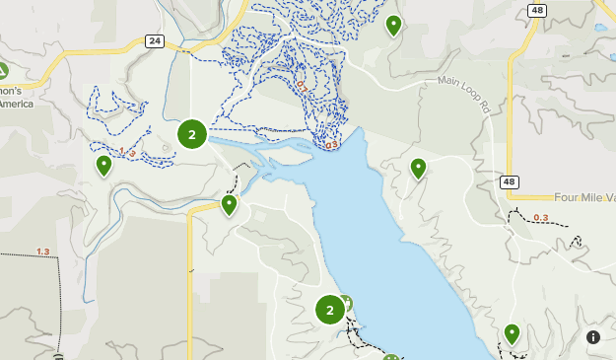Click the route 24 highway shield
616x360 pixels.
click(154, 40)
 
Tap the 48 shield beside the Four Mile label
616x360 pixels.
click(508, 181)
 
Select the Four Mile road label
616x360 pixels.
click(582, 197)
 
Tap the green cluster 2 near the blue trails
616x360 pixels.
click(191, 133)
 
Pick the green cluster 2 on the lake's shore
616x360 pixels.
click(329, 311)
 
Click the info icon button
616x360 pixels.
click(593, 337)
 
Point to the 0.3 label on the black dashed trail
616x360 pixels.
click(540, 218)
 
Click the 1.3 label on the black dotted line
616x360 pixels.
click(42, 252)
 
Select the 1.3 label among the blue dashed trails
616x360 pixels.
click(127, 152)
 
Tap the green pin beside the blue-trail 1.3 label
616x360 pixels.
click(103, 165)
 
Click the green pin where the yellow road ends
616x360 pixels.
click(229, 204)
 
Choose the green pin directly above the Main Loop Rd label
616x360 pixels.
click(394, 25)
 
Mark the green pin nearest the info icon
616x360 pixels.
click(512, 333)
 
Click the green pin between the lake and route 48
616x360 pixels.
click(418, 169)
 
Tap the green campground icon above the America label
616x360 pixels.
click(3, 70)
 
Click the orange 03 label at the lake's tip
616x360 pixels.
click(330, 145)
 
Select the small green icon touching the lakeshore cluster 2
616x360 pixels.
click(346, 303)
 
